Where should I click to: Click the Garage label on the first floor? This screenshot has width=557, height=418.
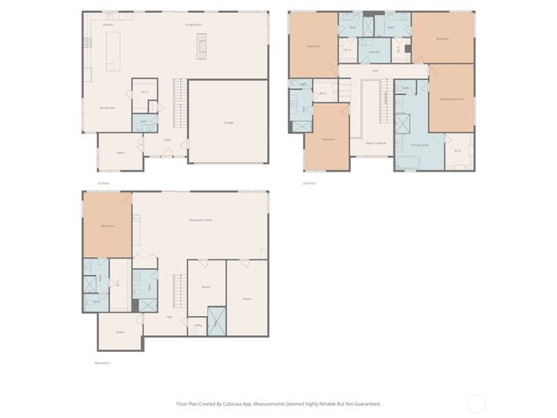coord(228,122)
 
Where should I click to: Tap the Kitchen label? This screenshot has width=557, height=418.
coord(109,25)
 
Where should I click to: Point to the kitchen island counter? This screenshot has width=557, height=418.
coord(111,54)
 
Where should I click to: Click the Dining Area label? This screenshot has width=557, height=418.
coord(108,107)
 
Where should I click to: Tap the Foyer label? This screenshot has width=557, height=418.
coord(167,139)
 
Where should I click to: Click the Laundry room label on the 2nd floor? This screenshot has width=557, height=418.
coord(373,52)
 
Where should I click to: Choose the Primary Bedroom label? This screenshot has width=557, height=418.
coord(451,99)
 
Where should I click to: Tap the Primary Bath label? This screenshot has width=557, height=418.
coord(419,145)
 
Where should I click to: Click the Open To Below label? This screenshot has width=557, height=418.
coord(375,143)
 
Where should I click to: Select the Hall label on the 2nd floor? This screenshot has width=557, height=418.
coord(375,70)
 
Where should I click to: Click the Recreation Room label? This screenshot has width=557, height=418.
coord(201,220)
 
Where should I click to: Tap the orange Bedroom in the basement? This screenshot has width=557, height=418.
coord(107,226)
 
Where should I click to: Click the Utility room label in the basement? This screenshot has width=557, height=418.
coord(198,326)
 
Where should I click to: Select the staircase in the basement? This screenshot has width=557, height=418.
coord(180,288)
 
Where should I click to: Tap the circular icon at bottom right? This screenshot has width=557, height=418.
coord(476,403)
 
